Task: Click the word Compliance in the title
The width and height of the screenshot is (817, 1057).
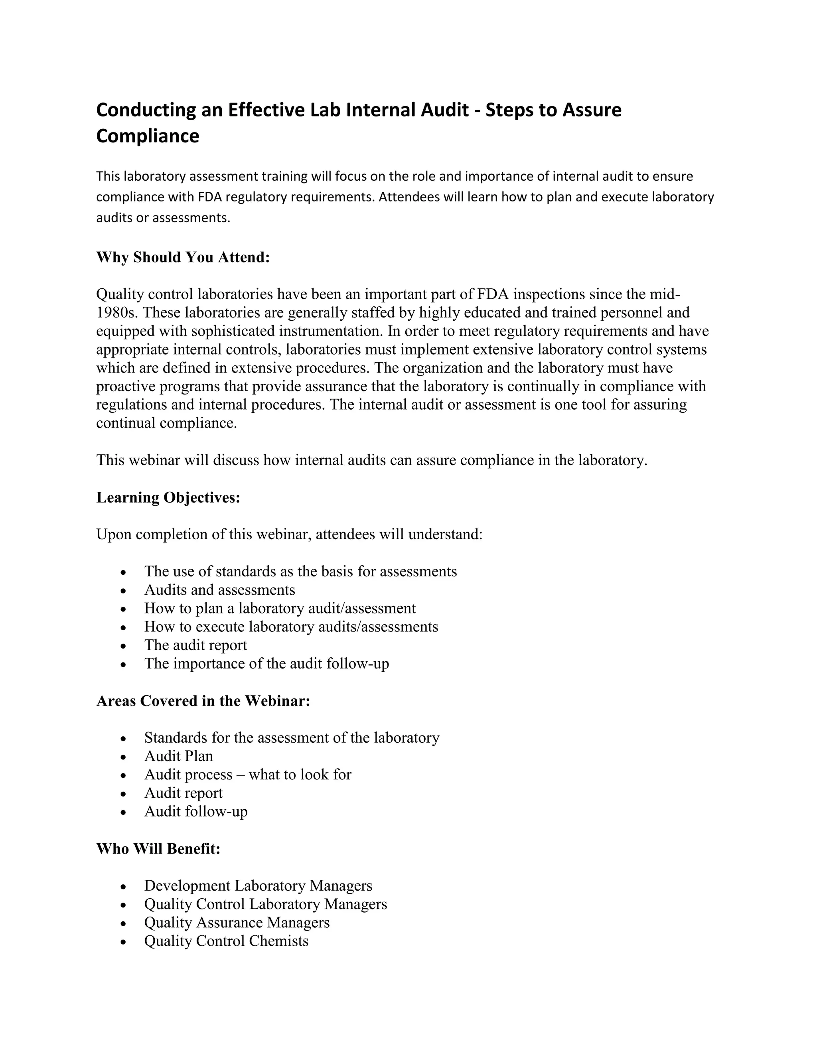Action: click(148, 136)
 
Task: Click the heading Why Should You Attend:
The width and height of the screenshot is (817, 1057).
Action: click(183, 257)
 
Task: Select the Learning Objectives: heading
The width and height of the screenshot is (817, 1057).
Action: click(168, 497)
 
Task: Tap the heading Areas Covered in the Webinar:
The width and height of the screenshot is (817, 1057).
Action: click(203, 700)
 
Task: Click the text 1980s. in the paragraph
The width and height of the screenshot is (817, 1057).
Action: click(118, 313)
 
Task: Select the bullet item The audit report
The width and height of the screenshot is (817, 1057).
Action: click(195, 645)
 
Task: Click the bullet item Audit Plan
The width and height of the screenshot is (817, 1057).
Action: click(179, 755)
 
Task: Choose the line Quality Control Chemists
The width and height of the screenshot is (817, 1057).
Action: click(226, 941)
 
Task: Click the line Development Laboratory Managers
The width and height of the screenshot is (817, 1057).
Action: click(258, 885)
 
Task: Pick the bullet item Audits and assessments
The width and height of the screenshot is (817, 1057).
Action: click(219, 590)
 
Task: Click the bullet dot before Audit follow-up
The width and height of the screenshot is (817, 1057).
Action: click(124, 812)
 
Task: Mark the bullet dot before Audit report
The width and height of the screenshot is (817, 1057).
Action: click(124, 794)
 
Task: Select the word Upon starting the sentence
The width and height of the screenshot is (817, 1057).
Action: click(114, 534)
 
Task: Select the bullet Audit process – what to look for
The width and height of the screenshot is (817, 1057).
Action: click(247, 774)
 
